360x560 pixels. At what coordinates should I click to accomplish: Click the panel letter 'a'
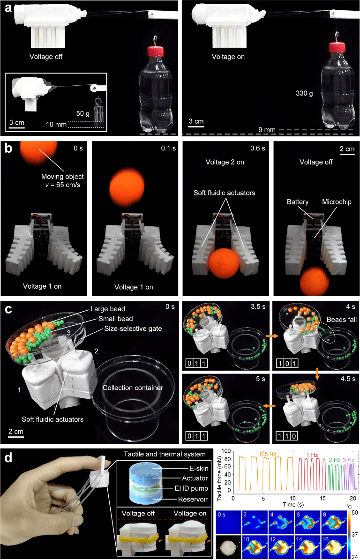[x=7, y=7]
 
